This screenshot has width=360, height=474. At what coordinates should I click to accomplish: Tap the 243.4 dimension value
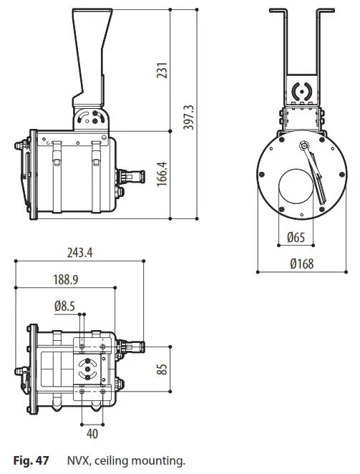[x=80, y=252]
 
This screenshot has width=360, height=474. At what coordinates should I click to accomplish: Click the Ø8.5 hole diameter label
[x=64, y=306]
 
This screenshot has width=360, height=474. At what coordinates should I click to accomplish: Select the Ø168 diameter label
[x=301, y=263]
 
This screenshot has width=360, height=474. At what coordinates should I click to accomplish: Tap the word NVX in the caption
[x=79, y=460]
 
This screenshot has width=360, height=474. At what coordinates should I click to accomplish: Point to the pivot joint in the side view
[x=90, y=117]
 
